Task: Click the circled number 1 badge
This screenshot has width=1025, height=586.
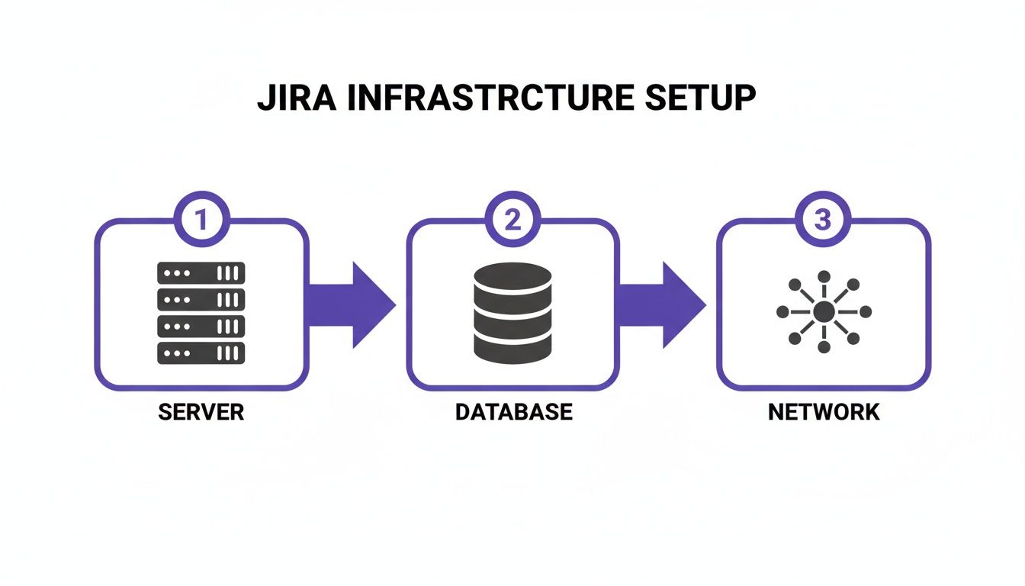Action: pyautogui.click(x=201, y=221)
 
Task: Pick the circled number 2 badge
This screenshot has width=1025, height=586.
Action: pyautogui.click(x=512, y=221)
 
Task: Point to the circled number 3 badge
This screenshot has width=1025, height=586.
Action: pyautogui.click(x=822, y=221)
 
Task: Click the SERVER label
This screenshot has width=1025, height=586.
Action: pyautogui.click(x=201, y=412)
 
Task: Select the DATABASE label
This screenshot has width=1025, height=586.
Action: pyautogui.click(x=513, y=412)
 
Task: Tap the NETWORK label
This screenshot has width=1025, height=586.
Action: pyautogui.click(x=824, y=412)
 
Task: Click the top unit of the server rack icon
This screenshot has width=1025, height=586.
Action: pyautogui.click(x=201, y=272)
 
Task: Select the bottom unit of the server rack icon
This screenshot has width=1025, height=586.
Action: pyautogui.click(x=201, y=353)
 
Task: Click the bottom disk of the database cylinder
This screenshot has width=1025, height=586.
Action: pyautogui.click(x=512, y=347)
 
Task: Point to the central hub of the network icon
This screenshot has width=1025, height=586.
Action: pyautogui.click(x=824, y=312)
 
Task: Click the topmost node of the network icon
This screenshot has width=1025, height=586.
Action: pyautogui.click(x=824, y=276)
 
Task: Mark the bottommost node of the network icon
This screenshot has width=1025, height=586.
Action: pyautogui.click(x=824, y=348)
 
